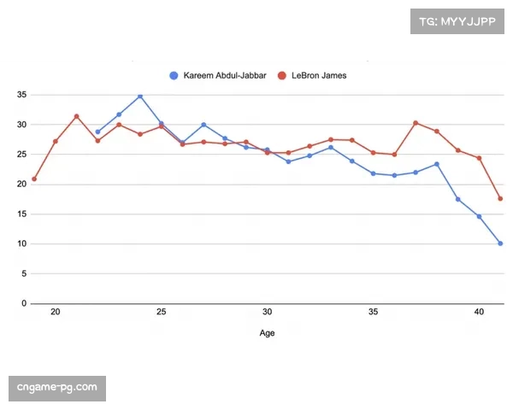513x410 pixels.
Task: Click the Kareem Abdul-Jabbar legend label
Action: pyautogui.click(x=225, y=75)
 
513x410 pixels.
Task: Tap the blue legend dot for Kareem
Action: pyautogui.click(x=174, y=75)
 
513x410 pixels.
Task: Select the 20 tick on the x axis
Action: pyautogui.click(x=56, y=313)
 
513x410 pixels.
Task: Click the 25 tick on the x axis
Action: pyautogui.click(x=162, y=313)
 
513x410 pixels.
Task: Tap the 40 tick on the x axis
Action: pyautogui.click(x=479, y=313)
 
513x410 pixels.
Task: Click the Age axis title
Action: pyautogui.click(x=267, y=333)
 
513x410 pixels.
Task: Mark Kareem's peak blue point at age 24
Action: pyautogui.click(x=140, y=97)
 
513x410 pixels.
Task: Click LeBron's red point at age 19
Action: pyautogui.click(x=34, y=179)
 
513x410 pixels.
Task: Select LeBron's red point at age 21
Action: pyautogui.click(x=77, y=116)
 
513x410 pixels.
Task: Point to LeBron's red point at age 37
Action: pyautogui.click(x=416, y=123)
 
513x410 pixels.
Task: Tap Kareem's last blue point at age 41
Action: pyautogui.click(x=500, y=243)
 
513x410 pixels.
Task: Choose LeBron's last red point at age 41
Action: pyautogui.click(x=500, y=199)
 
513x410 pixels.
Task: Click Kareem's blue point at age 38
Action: pyautogui.click(x=437, y=164)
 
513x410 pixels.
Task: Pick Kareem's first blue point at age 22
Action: pyautogui.click(x=97, y=132)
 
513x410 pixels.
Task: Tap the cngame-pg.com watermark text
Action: pyautogui.click(x=57, y=389)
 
